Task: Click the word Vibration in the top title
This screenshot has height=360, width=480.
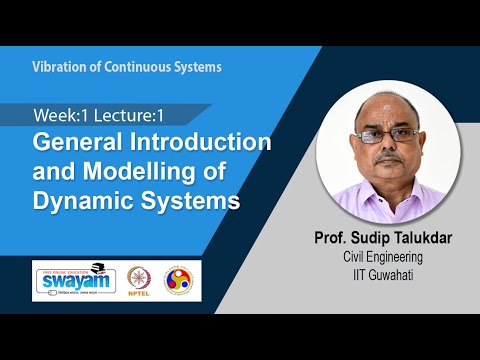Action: pos(59,67)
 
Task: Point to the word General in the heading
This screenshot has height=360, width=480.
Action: pos(76,142)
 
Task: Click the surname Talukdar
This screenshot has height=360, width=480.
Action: pos(441,241)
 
